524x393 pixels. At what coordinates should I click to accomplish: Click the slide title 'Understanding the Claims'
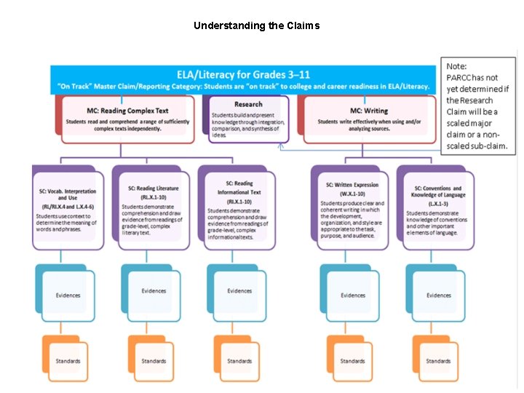(256, 25)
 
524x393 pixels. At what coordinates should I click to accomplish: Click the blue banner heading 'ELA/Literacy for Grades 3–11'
(245, 74)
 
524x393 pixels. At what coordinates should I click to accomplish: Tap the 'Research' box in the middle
(249, 120)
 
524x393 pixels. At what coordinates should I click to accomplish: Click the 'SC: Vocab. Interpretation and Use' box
(68, 208)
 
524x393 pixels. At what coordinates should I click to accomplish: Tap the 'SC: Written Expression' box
(353, 207)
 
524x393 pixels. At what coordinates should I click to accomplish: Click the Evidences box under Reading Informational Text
(239, 291)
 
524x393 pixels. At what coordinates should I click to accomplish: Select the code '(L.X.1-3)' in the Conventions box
(438, 204)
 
